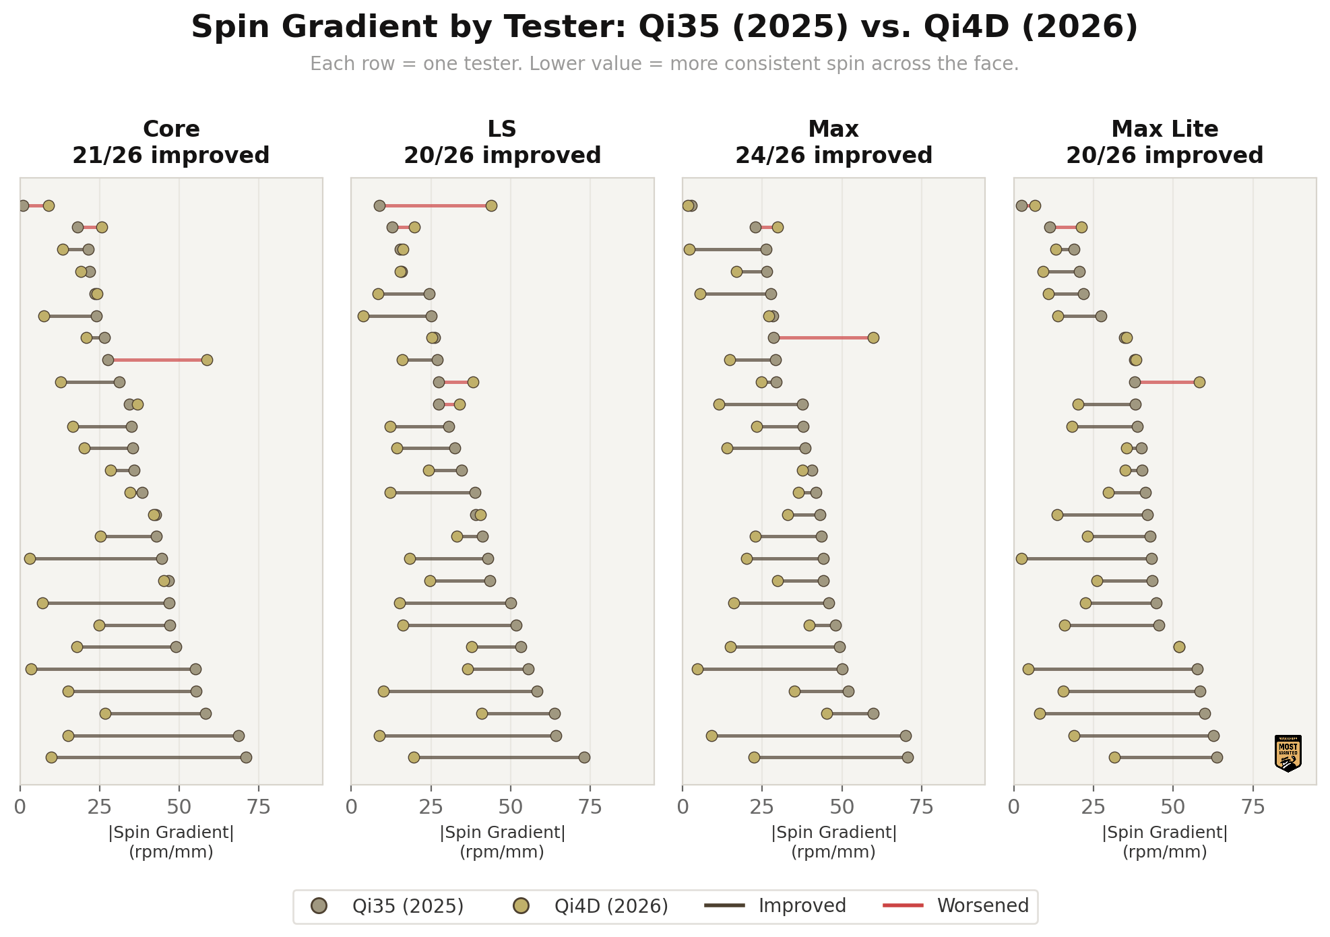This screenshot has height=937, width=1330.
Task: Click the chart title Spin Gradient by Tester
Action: (x=664, y=28)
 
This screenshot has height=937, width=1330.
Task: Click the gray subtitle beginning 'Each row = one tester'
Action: (x=664, y=64)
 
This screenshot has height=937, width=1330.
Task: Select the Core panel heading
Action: (x=171, y=129)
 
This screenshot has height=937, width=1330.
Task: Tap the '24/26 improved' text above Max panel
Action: (x=833, y=156)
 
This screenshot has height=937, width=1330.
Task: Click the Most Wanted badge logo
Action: (x=1288, y=753)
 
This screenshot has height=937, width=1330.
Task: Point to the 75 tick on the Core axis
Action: (x=259, y=807)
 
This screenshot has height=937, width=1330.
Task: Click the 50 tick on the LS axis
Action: (x=511, y=807)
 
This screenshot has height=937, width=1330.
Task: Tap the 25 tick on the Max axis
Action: (x=762, y=807)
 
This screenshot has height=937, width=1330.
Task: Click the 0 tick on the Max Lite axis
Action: (x=1014, y=807)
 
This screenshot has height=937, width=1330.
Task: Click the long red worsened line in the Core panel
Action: (x=157, y=360)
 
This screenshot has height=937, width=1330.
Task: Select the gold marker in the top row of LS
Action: (x=491, y=205)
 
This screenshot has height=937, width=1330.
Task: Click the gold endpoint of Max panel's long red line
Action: (x=873, y=337)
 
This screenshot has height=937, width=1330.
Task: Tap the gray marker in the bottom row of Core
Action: (x=246, y=758)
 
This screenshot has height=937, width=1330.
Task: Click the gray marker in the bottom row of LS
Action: (x=584, y=758)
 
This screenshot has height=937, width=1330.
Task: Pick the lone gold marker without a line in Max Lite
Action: (x=1179, y=647)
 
